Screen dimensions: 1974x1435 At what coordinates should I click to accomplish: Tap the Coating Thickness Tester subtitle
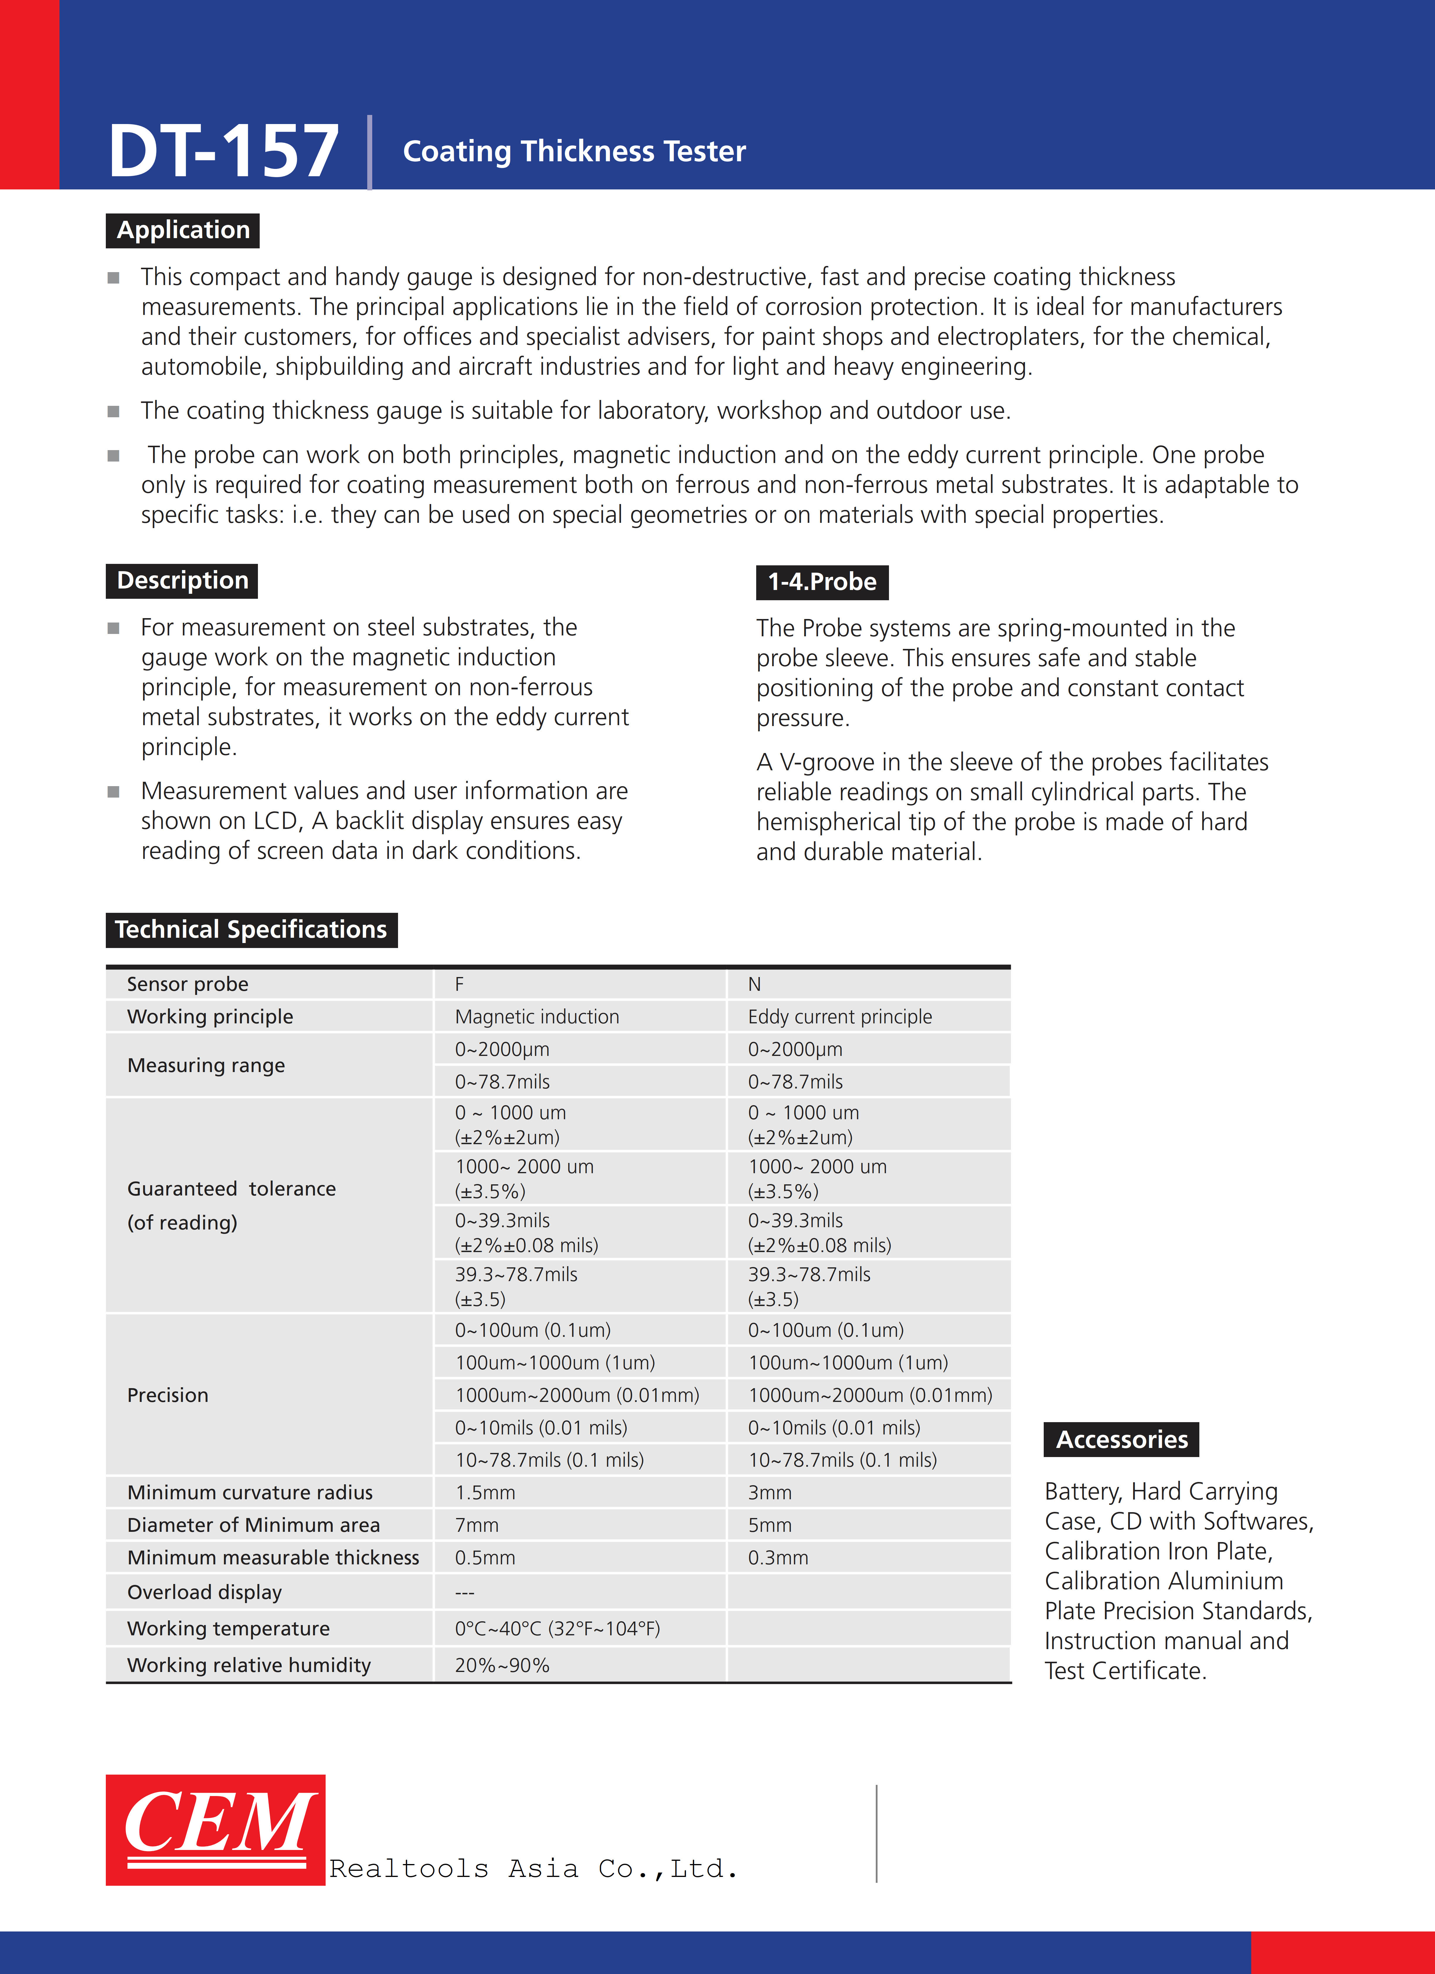tap(574, 151)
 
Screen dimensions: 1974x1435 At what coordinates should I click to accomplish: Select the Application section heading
tap(183, 230)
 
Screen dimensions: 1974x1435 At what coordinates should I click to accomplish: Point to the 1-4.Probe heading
tap(822, 581)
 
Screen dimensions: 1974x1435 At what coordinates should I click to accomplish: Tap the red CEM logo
tap(216, 1829)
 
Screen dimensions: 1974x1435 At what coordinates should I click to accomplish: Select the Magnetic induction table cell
tap(537, 1017)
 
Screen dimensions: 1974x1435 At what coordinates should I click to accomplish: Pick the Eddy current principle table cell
tap(840, 1017)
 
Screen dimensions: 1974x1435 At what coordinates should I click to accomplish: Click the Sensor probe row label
tap(188, 984)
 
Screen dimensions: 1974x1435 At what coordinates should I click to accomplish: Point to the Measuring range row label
tap(206, 1065)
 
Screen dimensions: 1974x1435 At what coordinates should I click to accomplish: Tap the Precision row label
tap(168, 1395)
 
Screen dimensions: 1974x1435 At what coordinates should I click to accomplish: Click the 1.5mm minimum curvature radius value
tap(485, 1493)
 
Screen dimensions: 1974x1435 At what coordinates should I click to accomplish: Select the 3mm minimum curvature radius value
tap(769, 1493)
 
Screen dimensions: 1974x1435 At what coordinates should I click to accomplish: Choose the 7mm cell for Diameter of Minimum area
tap(477, 1525)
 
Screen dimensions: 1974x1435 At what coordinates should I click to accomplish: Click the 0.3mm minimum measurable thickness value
tap(778, 1558)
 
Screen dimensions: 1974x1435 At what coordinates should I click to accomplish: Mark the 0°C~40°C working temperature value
tap(557, 1629)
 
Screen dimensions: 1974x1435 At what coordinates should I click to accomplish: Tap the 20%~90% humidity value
tap(502, 1665)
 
